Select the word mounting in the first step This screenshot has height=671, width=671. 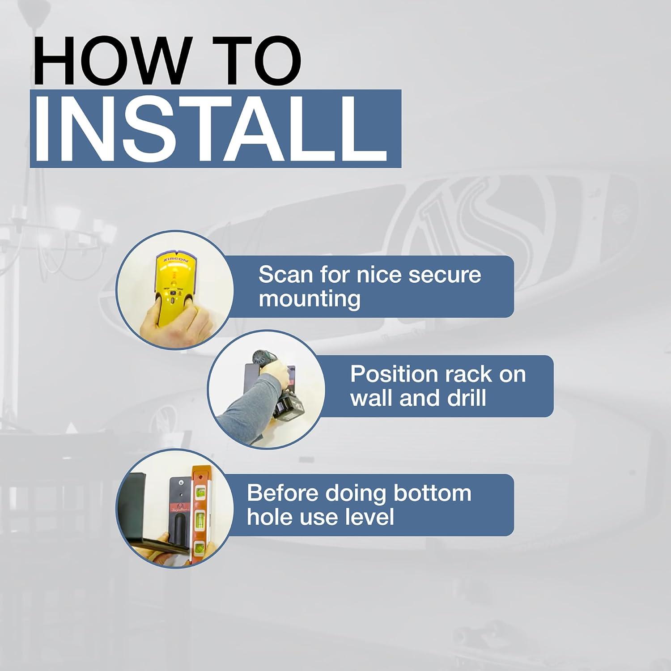(310, 298)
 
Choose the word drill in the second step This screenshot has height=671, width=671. (467, 398)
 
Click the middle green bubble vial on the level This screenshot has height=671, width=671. (200, 519)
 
